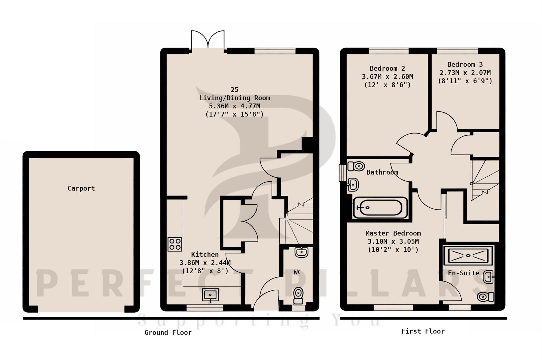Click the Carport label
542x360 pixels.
click(81, 188)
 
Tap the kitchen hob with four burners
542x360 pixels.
click(175, 244)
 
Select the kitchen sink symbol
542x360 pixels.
click(210, 295)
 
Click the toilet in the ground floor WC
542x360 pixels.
click(298, 295)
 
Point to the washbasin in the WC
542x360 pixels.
click(301, 252)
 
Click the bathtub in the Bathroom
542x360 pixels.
click(380, 208)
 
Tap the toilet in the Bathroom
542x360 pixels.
click(356, 166)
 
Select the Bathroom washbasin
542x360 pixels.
click(353, 185)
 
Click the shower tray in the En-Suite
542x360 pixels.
click(468, 255)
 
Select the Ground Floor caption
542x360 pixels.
click(168, 333)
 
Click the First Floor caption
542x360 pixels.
click(423, 331)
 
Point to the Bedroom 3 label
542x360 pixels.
click(465, 65)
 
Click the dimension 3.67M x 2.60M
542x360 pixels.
click(387, 77)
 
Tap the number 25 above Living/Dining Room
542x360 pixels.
click(234, 90)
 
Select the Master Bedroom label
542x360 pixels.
click(393, 233)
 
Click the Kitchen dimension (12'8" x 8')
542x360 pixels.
click(205, 271)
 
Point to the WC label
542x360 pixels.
click(298, 272)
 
